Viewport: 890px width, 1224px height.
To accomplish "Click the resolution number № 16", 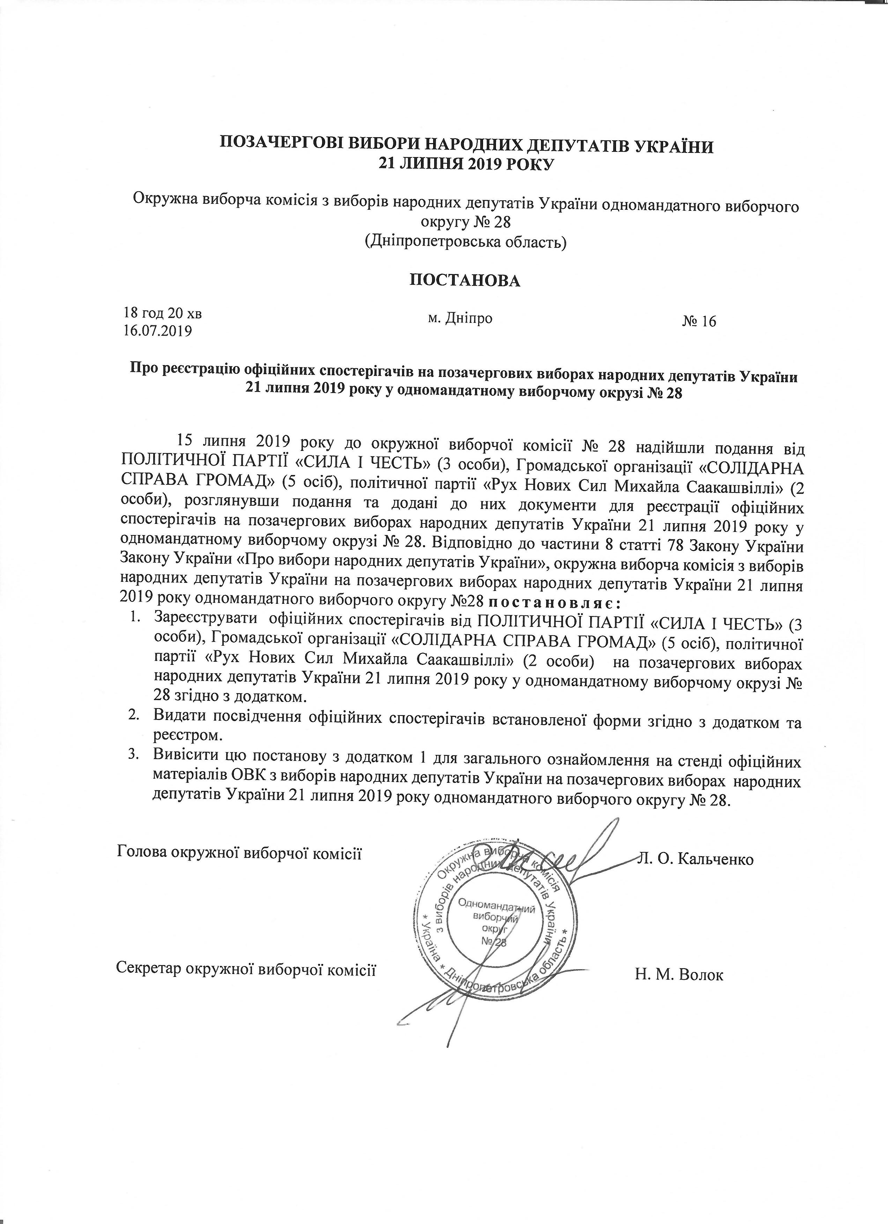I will (699, 322).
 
